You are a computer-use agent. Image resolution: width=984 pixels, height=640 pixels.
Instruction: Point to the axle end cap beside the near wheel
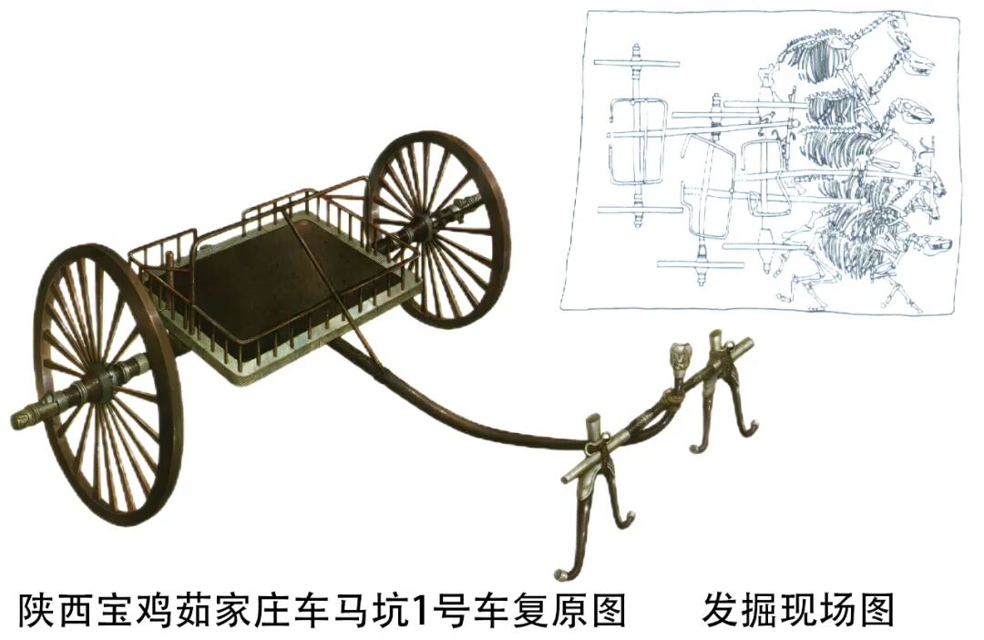point(27,417)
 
